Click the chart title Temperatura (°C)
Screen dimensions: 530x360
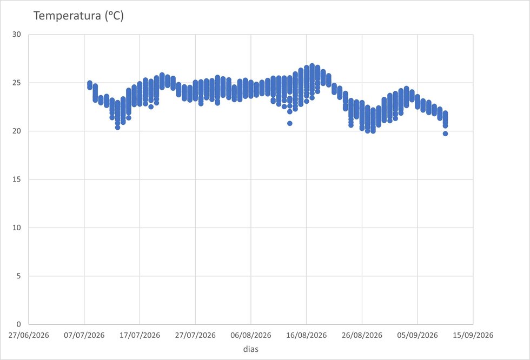click(79, 16)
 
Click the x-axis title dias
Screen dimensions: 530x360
click(251, 349)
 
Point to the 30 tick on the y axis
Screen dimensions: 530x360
click(17, 35)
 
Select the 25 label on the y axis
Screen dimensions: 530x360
click(17, 83)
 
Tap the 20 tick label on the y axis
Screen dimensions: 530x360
click(17, 131)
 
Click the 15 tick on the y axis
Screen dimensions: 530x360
click(17, 179)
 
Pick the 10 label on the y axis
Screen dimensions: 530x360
click(17, 228)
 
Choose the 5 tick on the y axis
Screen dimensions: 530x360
click(18, 276)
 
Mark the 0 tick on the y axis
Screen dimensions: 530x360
click(18, 324)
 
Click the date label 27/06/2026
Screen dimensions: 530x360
click(29, 335)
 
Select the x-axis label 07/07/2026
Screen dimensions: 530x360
click(84, 335)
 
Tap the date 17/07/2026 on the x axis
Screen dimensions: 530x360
click(140, 335)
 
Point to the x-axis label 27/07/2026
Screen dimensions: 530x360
click(195, 335)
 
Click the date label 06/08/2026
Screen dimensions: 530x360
click(251, 335)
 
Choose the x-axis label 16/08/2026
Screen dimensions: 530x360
click(307, 335)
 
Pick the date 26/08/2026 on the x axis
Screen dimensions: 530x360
click(362, 335)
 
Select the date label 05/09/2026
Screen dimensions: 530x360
click(418, 335)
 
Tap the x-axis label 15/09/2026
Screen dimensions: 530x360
click(473, 335)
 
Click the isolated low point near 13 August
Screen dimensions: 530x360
click(290, 123)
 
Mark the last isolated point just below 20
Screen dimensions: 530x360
click(445, 134)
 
